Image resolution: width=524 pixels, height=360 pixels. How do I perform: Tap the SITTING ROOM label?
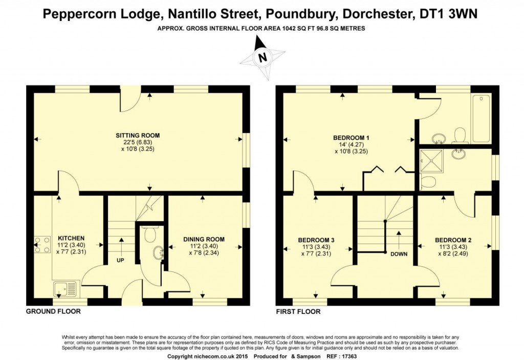(x=134, y=135)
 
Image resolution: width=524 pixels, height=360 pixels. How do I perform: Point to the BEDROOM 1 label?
(x=351, y=138)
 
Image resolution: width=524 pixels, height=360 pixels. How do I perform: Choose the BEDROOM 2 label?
(x=453, y=240)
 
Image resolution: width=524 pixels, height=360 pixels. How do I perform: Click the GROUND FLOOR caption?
(x=53, y=311)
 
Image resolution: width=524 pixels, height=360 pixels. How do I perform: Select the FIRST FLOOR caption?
(x=298, y=311)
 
